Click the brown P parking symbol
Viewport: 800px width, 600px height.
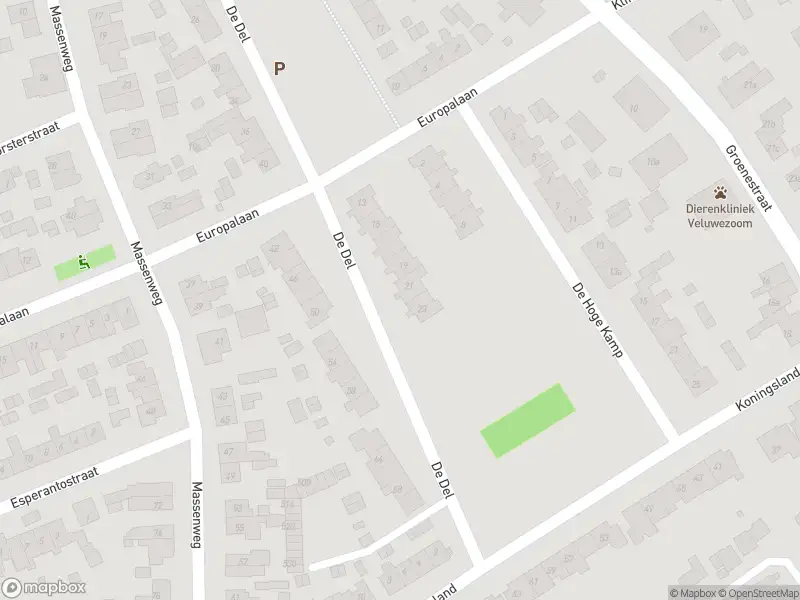pos(280,69)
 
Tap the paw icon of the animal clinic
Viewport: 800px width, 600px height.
pos(720,192)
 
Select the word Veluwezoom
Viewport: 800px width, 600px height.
pos(720,223)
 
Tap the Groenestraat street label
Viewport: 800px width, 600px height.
pos(749,177)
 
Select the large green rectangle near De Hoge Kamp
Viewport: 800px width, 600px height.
pos(528,421)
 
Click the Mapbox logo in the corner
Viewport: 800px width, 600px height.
pos(43,588)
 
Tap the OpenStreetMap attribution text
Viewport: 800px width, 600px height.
pos(758,593)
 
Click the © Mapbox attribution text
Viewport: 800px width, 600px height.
pos(693,593)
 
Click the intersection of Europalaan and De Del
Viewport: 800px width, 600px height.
pos(318,186)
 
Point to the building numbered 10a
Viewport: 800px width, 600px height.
pos(653,161)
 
